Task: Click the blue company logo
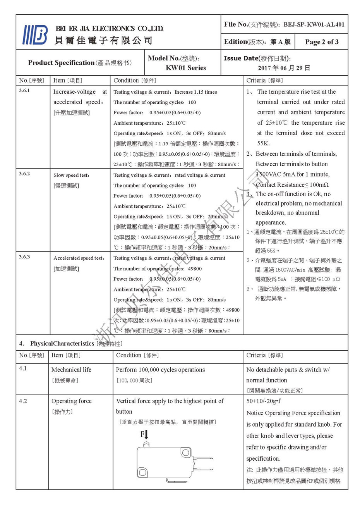click(35, 35)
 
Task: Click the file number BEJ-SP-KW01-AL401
click(314, 24)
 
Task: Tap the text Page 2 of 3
click(321, 42)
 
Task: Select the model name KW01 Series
click(186, 68)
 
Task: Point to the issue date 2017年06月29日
click(284, 68)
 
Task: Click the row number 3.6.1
click(24, 91)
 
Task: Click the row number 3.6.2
click(24, 174)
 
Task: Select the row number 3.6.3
click(24, 257)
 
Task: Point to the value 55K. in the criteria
click(264, 143)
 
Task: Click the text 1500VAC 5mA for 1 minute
click(293, 174)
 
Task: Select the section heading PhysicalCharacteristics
click(62, 344)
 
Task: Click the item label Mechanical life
click(71, 370)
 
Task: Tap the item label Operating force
click(71, 401)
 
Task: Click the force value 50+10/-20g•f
click(264, 401)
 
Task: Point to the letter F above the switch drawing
click(142, 434)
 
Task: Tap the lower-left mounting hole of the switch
click(142, 472)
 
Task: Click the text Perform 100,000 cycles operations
click(160, 370)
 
